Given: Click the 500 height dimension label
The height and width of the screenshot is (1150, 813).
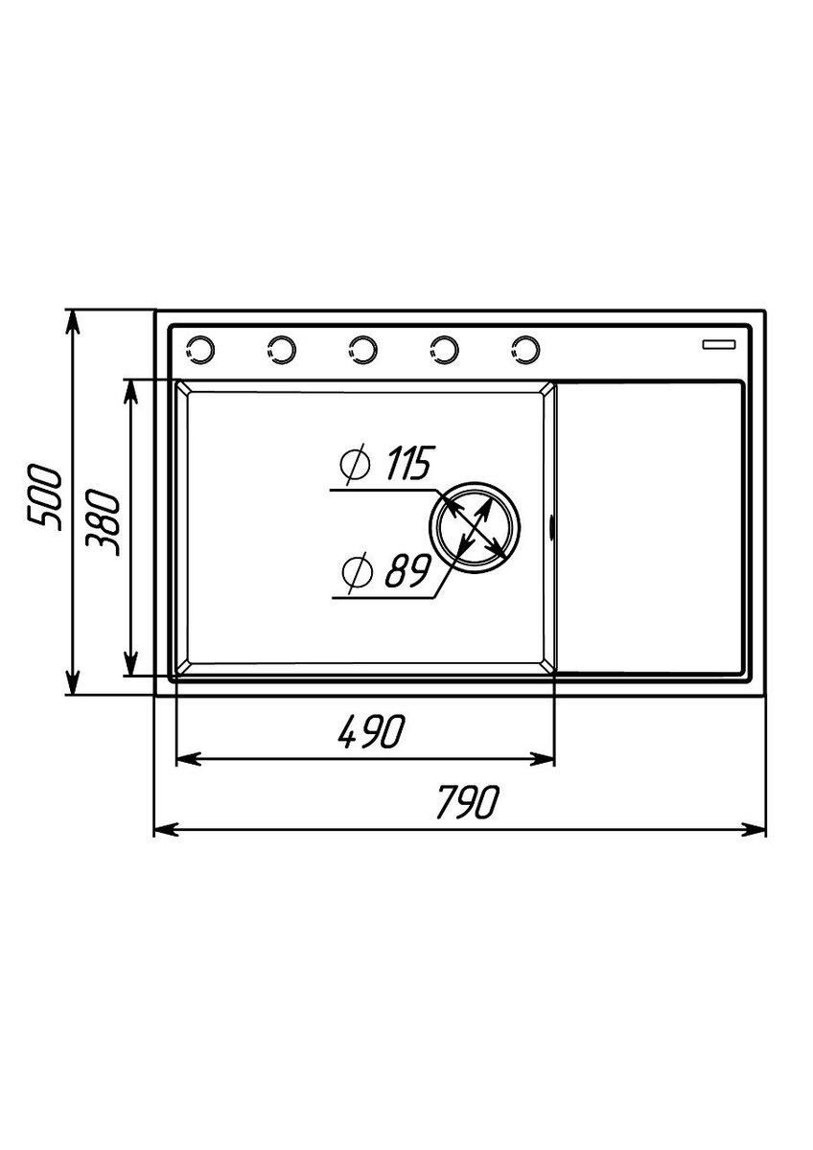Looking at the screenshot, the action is [x=45, y=497].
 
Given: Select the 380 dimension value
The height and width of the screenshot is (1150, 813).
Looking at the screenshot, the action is [x=103, y=523].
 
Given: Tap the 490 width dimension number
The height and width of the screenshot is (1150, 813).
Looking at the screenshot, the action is [x=371, y=730].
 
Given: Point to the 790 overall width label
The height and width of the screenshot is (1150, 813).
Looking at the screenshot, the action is [x=467, y=802].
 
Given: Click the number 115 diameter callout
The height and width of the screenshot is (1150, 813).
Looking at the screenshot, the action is [x=408, y=464].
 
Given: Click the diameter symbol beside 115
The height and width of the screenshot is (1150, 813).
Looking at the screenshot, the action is [x=355, y=463].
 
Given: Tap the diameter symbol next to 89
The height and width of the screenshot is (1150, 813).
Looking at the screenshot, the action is [x=357, y=571].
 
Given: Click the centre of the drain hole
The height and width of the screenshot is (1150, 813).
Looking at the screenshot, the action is [x=474, y=527].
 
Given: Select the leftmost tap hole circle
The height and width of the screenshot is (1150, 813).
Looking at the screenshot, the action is [x=199, y=350].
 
